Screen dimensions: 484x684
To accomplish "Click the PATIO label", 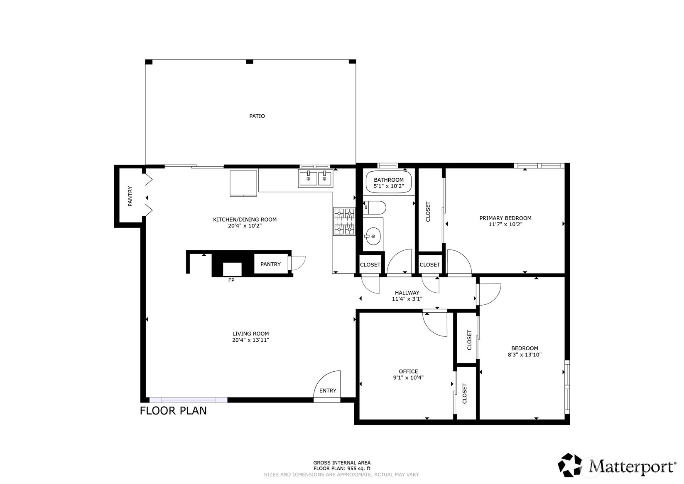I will coord(257,116).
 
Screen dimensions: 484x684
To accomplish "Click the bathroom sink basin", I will coord(373,237).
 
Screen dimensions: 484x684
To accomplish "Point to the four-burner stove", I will coord(344,221).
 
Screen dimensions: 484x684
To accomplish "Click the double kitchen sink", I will coord(315,179).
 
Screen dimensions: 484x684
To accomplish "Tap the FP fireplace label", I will coord(231,280).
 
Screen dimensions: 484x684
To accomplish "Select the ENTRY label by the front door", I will coord(328,390).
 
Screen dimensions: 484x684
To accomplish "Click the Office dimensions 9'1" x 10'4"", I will coord(408,378).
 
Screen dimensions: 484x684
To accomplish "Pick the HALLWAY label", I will coord(407,293).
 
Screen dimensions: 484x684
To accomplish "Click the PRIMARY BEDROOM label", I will coord(505,218).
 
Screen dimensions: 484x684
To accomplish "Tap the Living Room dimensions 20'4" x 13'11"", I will coord(250,340).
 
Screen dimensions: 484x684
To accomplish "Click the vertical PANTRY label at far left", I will coord(130,196).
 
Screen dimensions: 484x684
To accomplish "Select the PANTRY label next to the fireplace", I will coord(270,264).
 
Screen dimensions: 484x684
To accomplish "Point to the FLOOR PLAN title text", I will coord(173,410).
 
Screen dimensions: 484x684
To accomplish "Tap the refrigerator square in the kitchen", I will coord(244,182).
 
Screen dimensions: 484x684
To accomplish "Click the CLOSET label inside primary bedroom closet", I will coord(428,211).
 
